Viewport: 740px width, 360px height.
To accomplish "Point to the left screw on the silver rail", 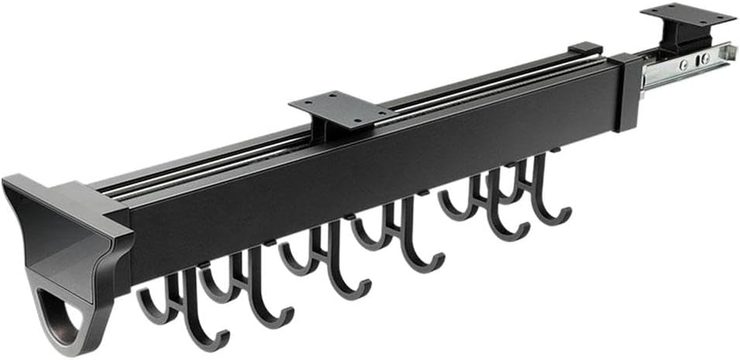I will [x=683, y=64].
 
